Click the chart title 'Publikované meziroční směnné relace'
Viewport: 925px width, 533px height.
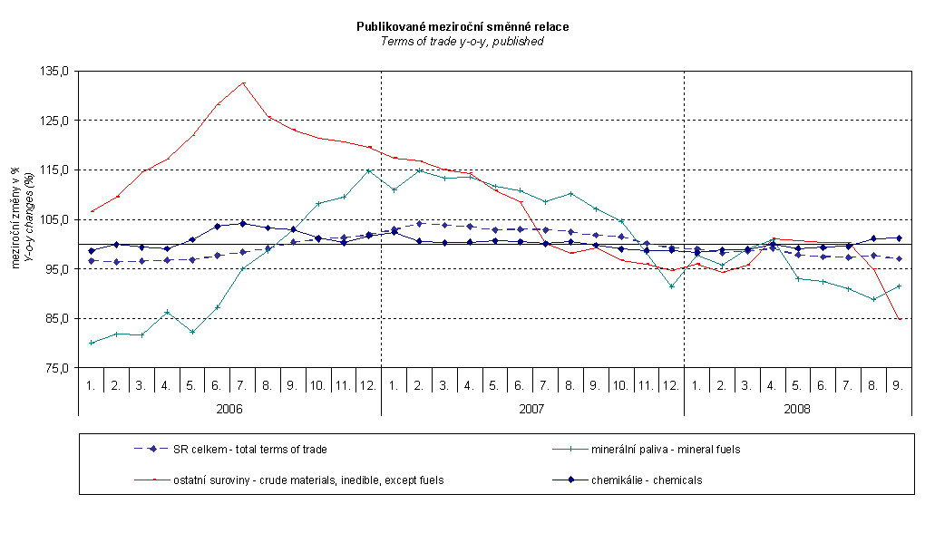[x=462, y=27]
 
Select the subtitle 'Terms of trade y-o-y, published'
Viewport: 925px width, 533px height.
[x=462, y=42]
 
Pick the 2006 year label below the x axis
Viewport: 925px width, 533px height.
[x=229, y=409]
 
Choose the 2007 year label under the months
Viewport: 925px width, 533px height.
[x=531, y=409]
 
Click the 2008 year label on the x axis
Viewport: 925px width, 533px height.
[x=797, y=409]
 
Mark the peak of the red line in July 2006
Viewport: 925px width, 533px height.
[x=243, y=83]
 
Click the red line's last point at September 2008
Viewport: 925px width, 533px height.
[x=898, y=319]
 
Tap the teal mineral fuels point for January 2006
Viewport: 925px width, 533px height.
[x=92, y=343]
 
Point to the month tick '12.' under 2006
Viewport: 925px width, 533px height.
[x=368, y=385]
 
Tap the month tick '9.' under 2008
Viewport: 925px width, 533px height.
[x=898, y=385]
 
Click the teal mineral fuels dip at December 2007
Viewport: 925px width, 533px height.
[x=671, y=286]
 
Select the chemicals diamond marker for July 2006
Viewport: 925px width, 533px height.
[x=243, y=224]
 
